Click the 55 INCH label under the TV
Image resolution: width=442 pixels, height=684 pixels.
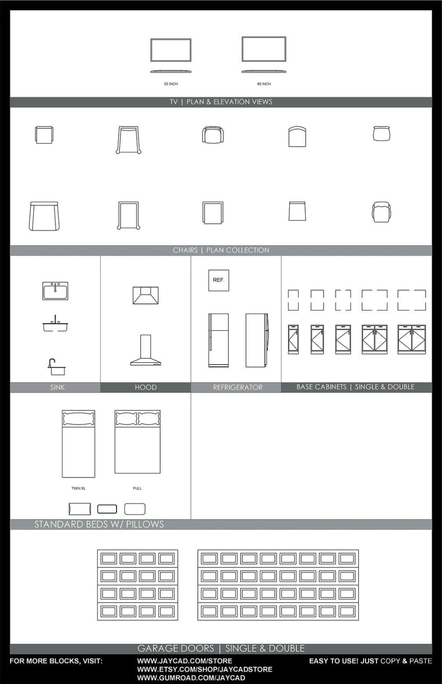coord(171,84)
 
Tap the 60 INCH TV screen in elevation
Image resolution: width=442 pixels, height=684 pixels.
coord(264,49)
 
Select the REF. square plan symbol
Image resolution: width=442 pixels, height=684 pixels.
coord(219,281)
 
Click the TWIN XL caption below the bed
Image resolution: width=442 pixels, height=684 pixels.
coord(78,489)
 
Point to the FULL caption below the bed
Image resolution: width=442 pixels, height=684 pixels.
coord(137,489)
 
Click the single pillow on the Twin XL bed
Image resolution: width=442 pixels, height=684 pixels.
coord(78,419)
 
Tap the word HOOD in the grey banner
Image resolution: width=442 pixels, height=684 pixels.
coord(146,387)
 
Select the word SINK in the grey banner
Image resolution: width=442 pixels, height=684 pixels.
coord(57,387)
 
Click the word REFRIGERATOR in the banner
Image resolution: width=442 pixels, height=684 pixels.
coord(238,387)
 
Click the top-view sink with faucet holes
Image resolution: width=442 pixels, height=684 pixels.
coord(55,291)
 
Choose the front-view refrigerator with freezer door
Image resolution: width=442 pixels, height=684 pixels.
coord(219,340)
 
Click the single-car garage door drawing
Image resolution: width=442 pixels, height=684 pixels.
coord(137,585)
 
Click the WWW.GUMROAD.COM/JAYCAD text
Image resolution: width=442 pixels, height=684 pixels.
coord(191,678)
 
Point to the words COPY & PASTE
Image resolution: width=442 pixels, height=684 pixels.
coord(406,661)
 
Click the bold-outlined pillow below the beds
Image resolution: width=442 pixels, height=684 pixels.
coord(107,509)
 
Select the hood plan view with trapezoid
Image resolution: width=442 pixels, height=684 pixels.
coord(145,295)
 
